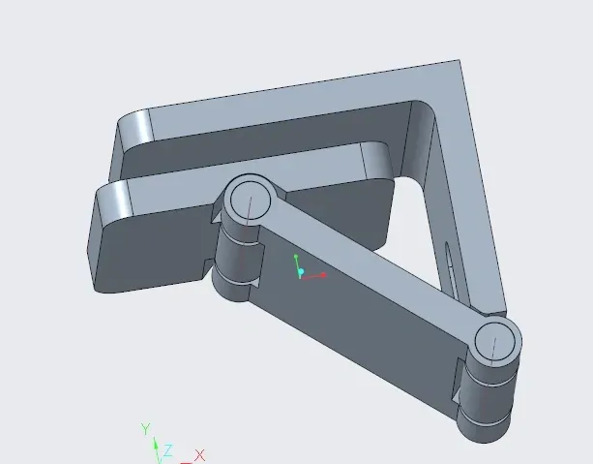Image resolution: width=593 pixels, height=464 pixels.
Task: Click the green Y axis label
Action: pyautogui.click(x=146, y=429)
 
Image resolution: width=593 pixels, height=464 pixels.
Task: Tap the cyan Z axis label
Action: pyautogui.click(x=168, y=450)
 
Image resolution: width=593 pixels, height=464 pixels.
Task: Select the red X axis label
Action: pyautogui.click(x=199, y=455)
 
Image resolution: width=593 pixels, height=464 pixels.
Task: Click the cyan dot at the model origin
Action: pyautogui.click(x=301, y=271)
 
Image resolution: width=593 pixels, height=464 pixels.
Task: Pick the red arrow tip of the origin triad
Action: pyautogui.click(x=323, y=274)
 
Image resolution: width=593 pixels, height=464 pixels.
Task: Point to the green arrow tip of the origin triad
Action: pyautogui.click(x=296, y=257)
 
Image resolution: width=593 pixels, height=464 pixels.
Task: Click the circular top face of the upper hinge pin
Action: pyautogui.click(x=251, y=200)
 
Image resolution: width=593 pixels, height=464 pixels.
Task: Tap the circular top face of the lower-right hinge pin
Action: pyautogui.click(x=494, y=340)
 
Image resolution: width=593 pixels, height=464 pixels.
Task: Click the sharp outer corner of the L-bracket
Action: pyautogui.click(x=460, y=60)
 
